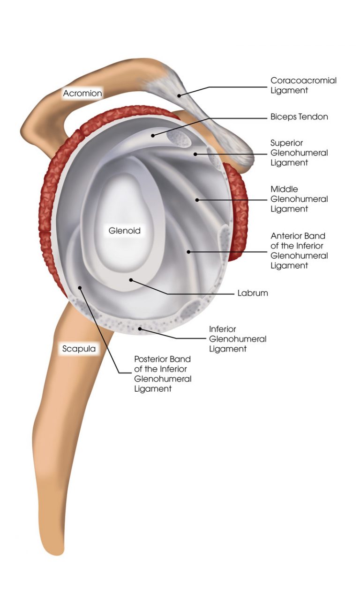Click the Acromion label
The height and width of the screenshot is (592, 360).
82,93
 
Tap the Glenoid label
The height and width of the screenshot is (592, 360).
124,231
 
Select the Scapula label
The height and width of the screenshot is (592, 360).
78,349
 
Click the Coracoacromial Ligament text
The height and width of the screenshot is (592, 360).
303,85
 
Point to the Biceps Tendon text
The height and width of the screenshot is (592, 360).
299,117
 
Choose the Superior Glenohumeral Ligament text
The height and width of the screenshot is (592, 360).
299,153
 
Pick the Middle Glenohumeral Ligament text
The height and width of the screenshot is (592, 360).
299,199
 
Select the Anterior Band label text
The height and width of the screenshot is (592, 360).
299,251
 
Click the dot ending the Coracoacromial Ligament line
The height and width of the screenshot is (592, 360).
179,95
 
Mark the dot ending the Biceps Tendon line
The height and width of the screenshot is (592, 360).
153,135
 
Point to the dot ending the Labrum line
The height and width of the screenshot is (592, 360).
131,280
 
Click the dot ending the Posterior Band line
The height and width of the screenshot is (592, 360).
80,288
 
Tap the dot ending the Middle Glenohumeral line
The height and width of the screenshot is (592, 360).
197,200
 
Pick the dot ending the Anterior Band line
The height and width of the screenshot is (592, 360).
189,252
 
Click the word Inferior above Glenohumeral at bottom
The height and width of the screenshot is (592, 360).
222,329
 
